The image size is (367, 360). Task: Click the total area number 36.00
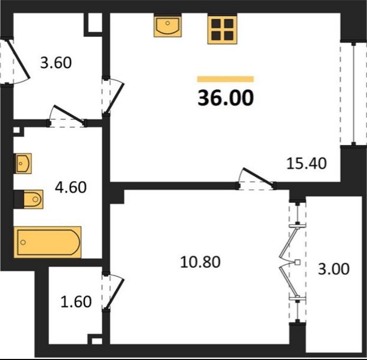click(x=225, y=98)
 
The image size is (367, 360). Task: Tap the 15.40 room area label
click(x=306, y=163)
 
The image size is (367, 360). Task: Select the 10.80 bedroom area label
click(x=200, y=262)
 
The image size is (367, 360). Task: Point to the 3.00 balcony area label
click(x=334, y=269)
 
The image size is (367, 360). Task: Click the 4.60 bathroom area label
click(x=71, y=187)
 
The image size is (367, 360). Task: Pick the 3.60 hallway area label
click(x=55, y=63)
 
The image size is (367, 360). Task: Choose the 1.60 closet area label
click(x=76, y=302)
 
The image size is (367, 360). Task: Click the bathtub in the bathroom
click(x=48, y=242)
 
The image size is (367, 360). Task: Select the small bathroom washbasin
click(x=23, y=163)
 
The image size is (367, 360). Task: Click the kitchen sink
click(x=167, y=25)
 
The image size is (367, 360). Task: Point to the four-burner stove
click(x=222, y=29)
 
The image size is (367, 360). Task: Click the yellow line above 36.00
click(x=225, y=79)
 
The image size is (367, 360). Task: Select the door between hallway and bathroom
click(x=67, y=116)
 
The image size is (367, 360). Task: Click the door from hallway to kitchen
click(x=114, y=96)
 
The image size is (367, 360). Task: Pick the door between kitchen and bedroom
click(x=257, y=178)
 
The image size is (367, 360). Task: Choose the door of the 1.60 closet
click(x=113, y=291)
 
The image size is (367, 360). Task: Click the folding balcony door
click(x=293, y=262)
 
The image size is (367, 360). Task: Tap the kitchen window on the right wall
click(x=353, y=93)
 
